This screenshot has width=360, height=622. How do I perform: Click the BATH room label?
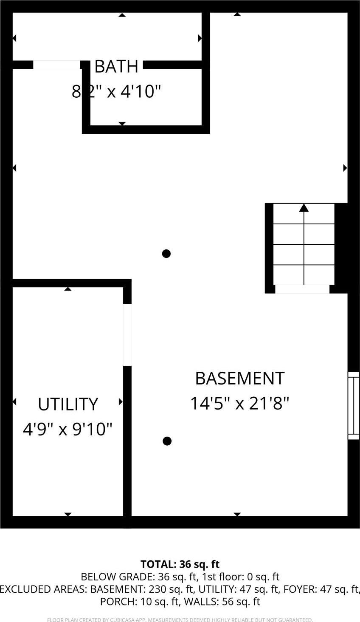tap(116, 66)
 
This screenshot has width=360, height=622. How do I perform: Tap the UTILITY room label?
tap(68, 404)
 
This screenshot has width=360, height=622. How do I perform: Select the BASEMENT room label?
tap(239, 378)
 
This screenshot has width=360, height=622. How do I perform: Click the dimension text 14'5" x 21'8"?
tap(239, 403)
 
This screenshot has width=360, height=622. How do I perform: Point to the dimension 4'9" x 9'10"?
tap(67, 429)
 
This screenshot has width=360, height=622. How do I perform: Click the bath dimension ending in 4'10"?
tap(117, 91)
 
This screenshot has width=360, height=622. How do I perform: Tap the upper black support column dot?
tap(166, 254)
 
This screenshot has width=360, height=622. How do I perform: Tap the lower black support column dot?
tap(167, 441)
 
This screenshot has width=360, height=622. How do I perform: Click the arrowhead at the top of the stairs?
tap(304, 208)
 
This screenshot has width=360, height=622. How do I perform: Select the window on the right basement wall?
tap(353, 405)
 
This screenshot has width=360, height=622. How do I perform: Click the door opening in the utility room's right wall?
tap(127, 335)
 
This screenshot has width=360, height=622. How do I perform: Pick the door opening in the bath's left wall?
tap(56, 65)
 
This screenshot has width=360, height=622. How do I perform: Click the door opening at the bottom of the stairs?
tap(302, 289)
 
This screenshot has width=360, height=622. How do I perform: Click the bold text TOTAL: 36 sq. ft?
tap(180, 564)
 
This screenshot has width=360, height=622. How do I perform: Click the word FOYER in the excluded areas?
tap(298, 589)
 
